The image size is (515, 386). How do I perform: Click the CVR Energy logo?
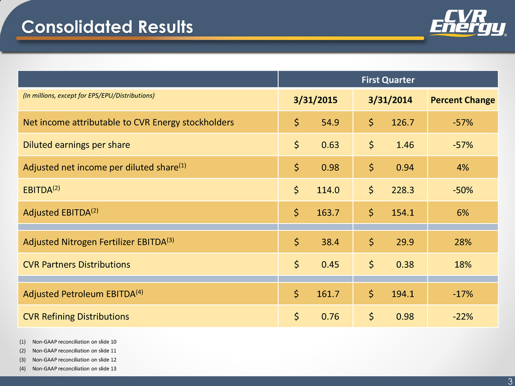point(468,22)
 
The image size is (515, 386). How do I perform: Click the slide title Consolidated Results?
point(107,27)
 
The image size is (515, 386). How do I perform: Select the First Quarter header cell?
point(388,80)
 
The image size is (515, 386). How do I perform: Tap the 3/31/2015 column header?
point(316,100)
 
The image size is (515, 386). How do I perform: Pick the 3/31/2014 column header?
point(390,100)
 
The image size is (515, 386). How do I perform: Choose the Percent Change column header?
point(462,100)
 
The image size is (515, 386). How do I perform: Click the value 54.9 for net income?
point(330,123)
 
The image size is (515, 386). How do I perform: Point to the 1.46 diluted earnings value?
point(405,145)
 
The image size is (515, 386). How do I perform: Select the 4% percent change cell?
point(462,168)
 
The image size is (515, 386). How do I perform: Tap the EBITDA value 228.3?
point(403,190)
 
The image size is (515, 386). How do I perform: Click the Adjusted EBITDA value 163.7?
point(328,212)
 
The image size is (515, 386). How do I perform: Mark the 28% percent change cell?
point(463,242)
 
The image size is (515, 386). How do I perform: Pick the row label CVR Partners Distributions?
point(77,264)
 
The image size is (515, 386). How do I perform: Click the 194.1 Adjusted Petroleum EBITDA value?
point(403,294)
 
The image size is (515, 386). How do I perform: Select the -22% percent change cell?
point(463,316)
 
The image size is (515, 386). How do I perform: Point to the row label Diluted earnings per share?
point(77,145)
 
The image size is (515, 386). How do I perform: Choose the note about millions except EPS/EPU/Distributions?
point(89,95)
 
